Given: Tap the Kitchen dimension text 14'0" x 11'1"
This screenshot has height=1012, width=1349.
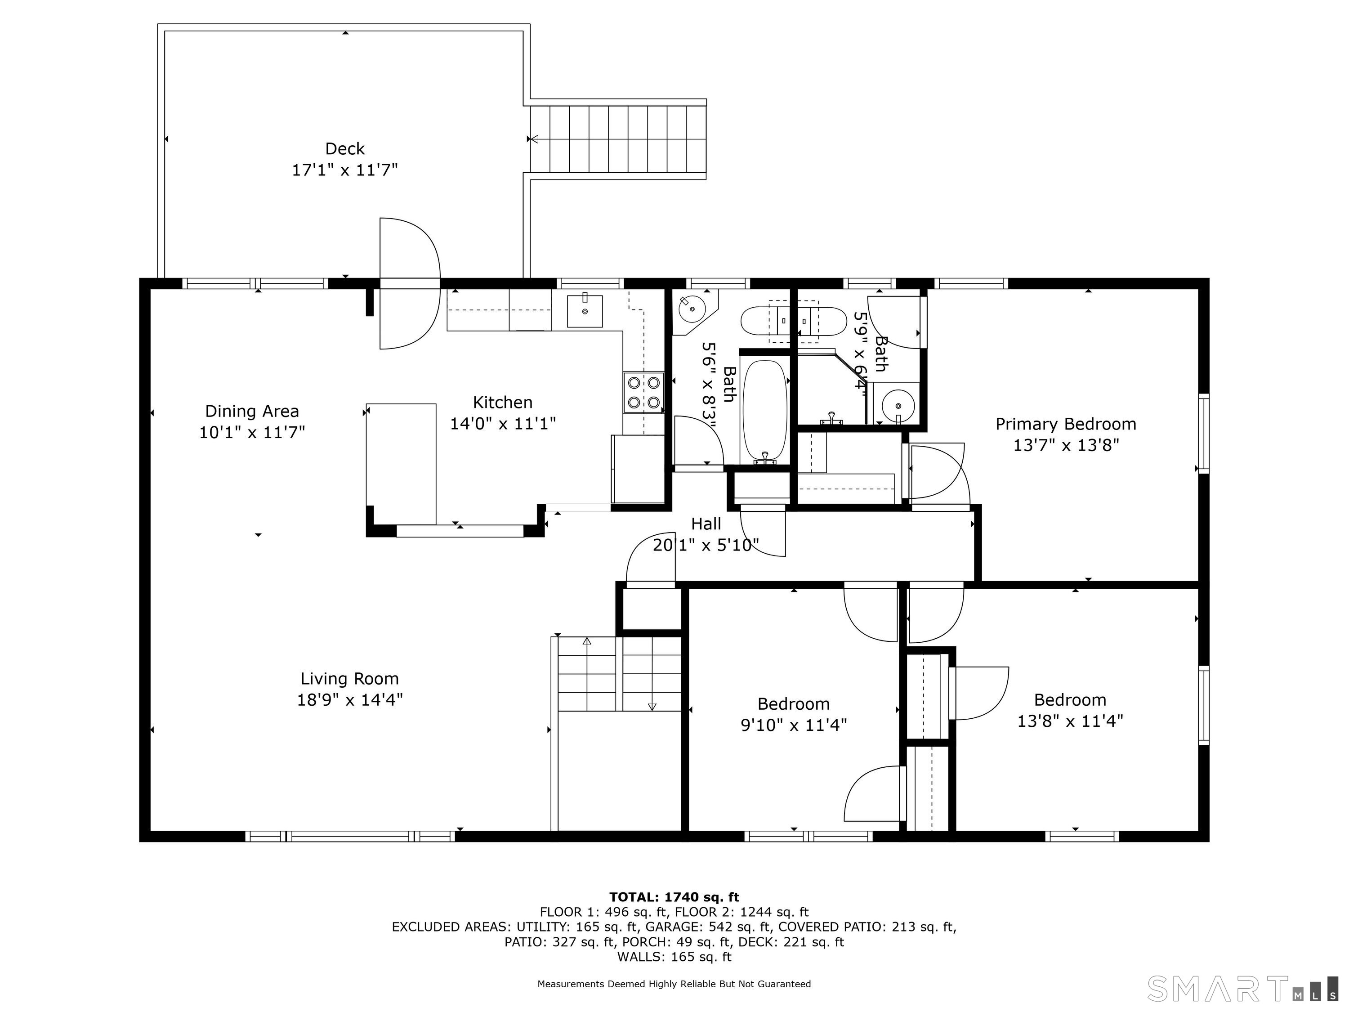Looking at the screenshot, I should pyautogui.click(x=503, y=423).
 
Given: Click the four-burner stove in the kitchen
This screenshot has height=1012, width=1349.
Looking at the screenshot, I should pyautogui.click(x=643, y=392).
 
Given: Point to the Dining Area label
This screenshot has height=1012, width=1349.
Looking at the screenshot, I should pyautogui.click(x=252, y=411).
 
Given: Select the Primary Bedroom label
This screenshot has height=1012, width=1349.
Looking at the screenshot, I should pyautogui.click(x=1065, y=424).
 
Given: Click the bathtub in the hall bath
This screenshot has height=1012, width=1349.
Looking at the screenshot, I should pyautogui.click(x=765, y=412).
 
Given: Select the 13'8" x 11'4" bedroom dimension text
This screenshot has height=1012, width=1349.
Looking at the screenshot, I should pyautogui.click(x=1070, y=721).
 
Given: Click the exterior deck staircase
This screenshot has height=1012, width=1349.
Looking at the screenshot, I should pyautogui.click(x=618, y=139).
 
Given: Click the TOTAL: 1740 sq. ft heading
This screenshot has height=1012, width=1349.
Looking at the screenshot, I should pyautogui.click(x=674, y=897).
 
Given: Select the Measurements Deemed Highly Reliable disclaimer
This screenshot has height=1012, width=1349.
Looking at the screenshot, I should pyautogui.click(x=674, y=983).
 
